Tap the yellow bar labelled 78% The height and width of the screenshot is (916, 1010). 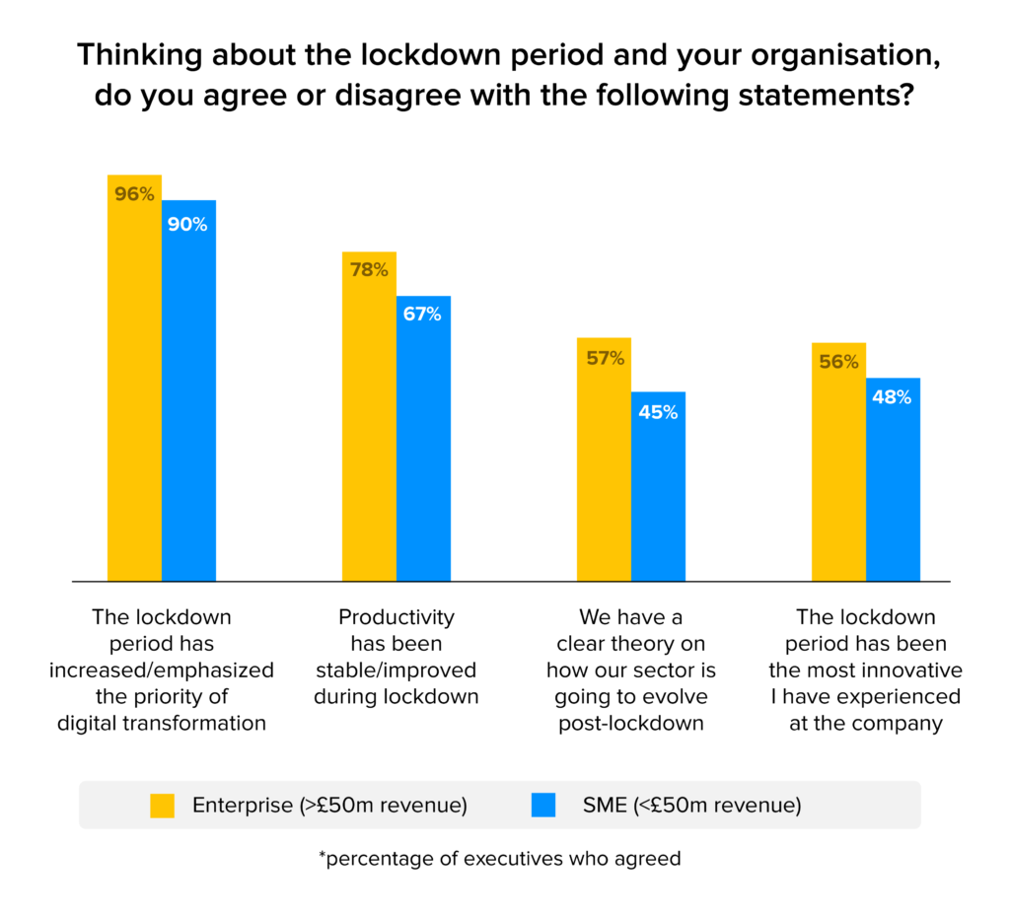pos(369,424)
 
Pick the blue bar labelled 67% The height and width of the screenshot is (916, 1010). pos(423,444)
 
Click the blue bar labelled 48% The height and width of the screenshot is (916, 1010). pos(893,483)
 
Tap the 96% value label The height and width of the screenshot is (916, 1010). pos(134,194)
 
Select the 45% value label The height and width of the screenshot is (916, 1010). pos(658,412)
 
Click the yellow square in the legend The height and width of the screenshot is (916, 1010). pos(162,806)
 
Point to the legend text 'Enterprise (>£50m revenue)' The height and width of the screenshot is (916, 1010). pos(329,806)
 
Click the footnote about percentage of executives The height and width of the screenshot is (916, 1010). pos(499,859)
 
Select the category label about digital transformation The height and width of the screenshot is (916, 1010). pos(161,670)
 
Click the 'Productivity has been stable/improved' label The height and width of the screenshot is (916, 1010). pos(396,657)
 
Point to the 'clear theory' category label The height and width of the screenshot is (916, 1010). pos(630,670)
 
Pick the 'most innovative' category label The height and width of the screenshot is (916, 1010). pos(865,670)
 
